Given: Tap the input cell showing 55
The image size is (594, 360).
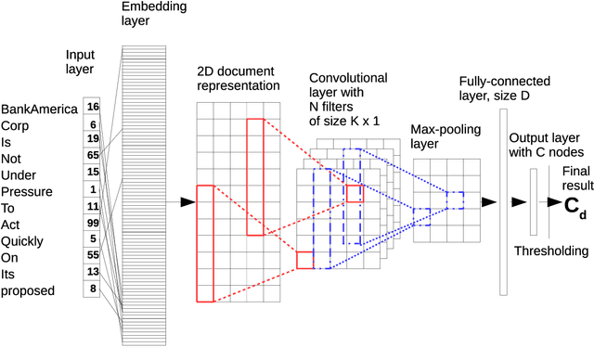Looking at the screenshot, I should click(92, 253).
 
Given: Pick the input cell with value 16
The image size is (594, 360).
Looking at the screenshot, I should click(92, 107).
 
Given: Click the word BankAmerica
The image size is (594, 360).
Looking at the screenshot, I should click(38, 109).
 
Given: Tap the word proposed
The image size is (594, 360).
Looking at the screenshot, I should click(29, 290).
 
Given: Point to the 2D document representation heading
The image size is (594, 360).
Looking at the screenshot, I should click(238, 79).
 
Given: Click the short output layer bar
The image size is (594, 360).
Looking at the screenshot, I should click(534, 202).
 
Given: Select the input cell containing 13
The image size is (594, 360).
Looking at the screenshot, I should click(92, 271).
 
